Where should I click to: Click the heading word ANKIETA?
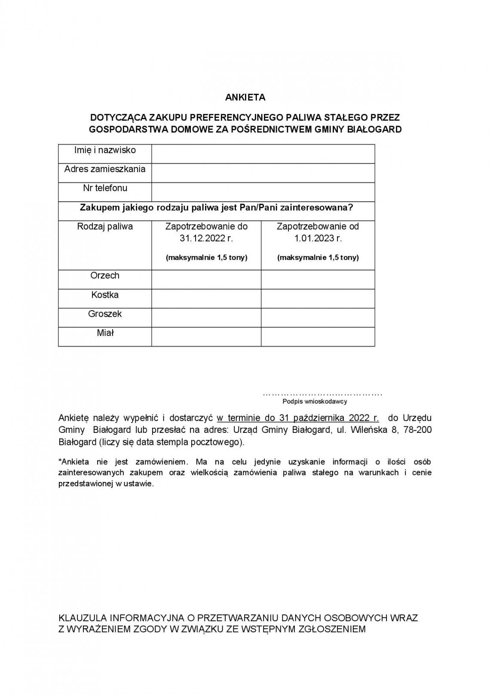pyautogui.click(x=245, y=97)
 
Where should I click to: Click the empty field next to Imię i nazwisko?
pyautogui.click(x=263, y=154)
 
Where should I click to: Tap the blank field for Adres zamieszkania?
pyautogui.click(x=263, y=173)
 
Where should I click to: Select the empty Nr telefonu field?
pyautogui.click(x=263, y=192)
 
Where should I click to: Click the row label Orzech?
pyautogui.click(x=105, y=276)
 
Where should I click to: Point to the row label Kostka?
pyautogui.click(x=105, y=295)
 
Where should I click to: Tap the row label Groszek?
pyautogui.click(x=105, y=314)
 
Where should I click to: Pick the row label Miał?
pyautogui.click(x=105, y=333)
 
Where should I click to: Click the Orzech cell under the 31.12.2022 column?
pyautogui.click(x=206, y=279)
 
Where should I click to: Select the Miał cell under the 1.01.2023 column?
pyautogui.click(x=318, y=336)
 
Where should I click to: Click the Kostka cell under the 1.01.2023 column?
pyautogui.click(x=318, y=298)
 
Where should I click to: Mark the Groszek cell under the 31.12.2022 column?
pyautogui.click(x=206, y=318)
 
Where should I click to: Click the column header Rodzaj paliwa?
pyautogui.click(x=105, y=227)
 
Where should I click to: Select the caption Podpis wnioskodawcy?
pyautogui.click(x=315, y=401)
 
